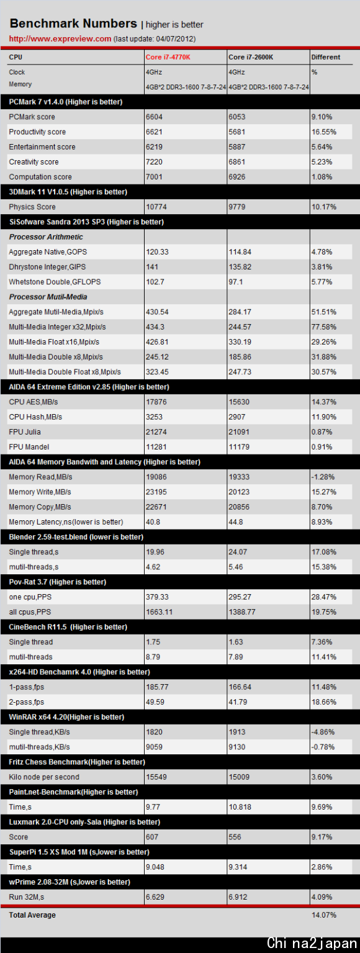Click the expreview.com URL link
click(60, 38)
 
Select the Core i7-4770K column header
click(168, 57)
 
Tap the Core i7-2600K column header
click(251, 57)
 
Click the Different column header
click(325, 57)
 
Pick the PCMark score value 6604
click(154, 117)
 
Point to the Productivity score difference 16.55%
click(324, 132)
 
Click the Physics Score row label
click(32, 207)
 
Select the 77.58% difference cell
click(324, 327)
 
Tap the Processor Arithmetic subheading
click(46, 237)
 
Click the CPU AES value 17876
click(156, 402)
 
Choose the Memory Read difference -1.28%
click(323, 477)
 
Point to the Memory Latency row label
click(66, 522)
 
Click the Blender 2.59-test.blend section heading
click(76, 537)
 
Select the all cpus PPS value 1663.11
click(159, 612)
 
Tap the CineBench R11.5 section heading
click(68, 626)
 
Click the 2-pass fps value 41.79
click(238, 702)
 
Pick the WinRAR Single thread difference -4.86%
click(323, 732)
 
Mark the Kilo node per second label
click(44, 777)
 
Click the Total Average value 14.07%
click(324, 915)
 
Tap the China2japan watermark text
click(312, 943)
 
